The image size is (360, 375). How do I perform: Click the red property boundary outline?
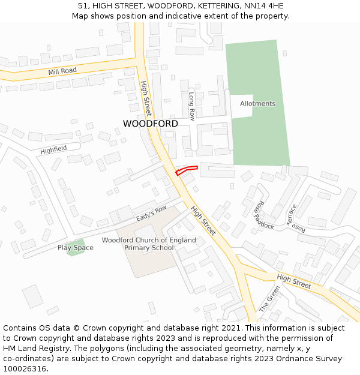click(x=186, y=170)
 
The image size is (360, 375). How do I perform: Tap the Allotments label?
click(x=257, y=104)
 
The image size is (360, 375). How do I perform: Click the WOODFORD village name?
click(x=150, y=124)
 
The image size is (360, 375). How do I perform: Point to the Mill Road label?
click(x=62, y=71)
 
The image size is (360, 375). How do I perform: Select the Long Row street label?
click(x=191, y=106)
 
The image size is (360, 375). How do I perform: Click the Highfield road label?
click(x=53, y=149)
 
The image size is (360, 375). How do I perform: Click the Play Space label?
click(x=76, y=248)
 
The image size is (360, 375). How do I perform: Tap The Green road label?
click(x=269, y=298)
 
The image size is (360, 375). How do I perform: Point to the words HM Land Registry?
click(x=32, y=349)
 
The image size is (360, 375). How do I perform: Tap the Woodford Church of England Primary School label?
click(x=149, y=244)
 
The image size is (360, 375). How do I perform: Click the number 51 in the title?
click(x=82, y=6)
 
